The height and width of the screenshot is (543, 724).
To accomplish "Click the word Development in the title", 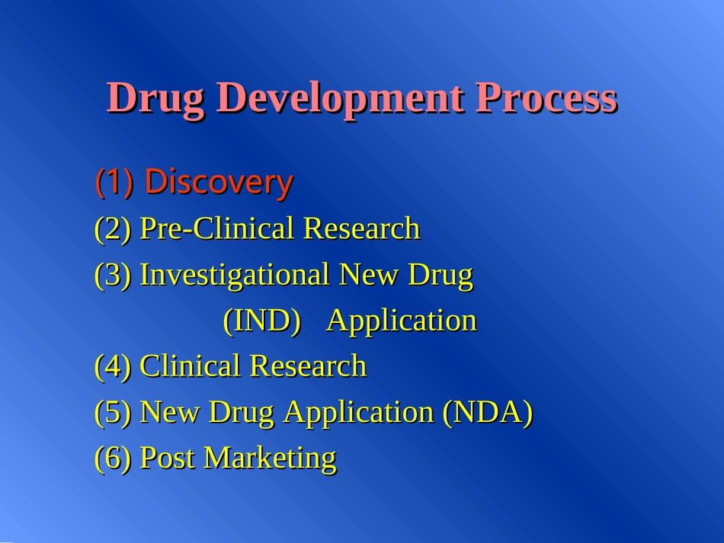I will pyautogui.click(x=339, y=98).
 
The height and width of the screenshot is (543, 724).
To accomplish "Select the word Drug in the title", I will pyautogui.click(x=155, y=98).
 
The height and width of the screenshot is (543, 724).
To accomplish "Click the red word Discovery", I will pyautogui.click(x=219, y=182).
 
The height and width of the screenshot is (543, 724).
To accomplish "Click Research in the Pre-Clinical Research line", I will pyautogui.click(x=361, y=228).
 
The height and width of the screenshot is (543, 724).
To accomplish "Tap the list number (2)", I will pyautogui.click(x=114, y=228).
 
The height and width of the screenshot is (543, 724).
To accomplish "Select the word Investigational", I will pyautogui.click(x=235, y=274).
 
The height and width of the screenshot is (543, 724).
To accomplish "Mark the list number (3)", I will pyautogui.click(x=114, y=274).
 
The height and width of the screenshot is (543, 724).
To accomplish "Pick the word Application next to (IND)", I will pyautogui.click(x=402, y=321).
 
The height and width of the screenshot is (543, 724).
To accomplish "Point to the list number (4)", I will pyautogui.click(x=114, y=366).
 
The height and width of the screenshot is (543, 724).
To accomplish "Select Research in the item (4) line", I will pyautogui.click(x=308, y=366).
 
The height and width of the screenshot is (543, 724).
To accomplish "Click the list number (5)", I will pyautogui.click(x=114, y=412).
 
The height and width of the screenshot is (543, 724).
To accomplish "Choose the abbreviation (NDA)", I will pyautogui.click(x=487, y=412).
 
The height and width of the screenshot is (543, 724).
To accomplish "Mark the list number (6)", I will pyautogui.click(x=114, y=458).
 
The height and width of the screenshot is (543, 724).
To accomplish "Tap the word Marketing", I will pyautogui.click(x=269, y=458).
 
